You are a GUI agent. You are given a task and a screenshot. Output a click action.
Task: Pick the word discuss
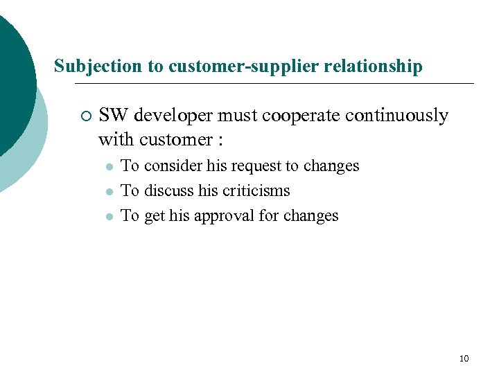[168, 190]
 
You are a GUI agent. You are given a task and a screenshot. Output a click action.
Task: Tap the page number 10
[464, 358]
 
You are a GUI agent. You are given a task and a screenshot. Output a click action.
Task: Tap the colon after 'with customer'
[220, 141]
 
